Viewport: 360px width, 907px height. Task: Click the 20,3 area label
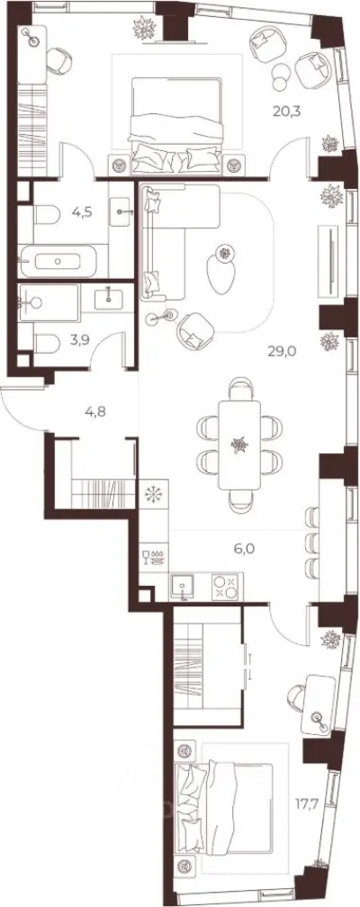(x=288, y=110)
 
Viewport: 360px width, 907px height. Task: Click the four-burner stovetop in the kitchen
(x=226, y=587)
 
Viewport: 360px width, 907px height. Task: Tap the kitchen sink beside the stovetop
(x=184, y=587)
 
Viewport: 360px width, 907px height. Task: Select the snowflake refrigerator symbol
(x=154, y=495)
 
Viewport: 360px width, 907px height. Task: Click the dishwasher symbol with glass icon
(x=153, y=558)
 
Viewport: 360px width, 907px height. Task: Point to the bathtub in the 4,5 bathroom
(x=58, y=262)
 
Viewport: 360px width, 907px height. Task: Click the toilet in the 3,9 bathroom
(x=46, y=346)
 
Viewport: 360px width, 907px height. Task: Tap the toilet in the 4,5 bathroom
(x=46, y=215)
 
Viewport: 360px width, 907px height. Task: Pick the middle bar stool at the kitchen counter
(x=312, y=543)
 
